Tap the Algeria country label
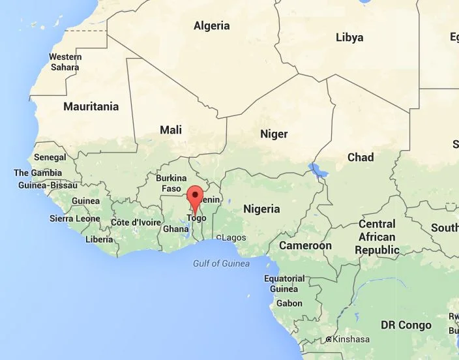(212, 26)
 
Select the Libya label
(349, 37)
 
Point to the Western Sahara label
(65, 62)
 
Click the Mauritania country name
(91, 106)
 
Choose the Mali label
(171, 130)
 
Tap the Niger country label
(274, 134)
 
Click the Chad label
(361, 157)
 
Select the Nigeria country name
(261, 209)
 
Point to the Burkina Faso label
(171, 183)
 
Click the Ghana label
(175, 229)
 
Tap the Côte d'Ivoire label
(135, 222)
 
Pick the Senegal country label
(50, 157)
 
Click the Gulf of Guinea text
(221, 263)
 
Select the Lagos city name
(234, 237)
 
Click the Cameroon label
(305, 246)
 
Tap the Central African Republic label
(377, 237)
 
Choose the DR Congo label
(406, 325)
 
